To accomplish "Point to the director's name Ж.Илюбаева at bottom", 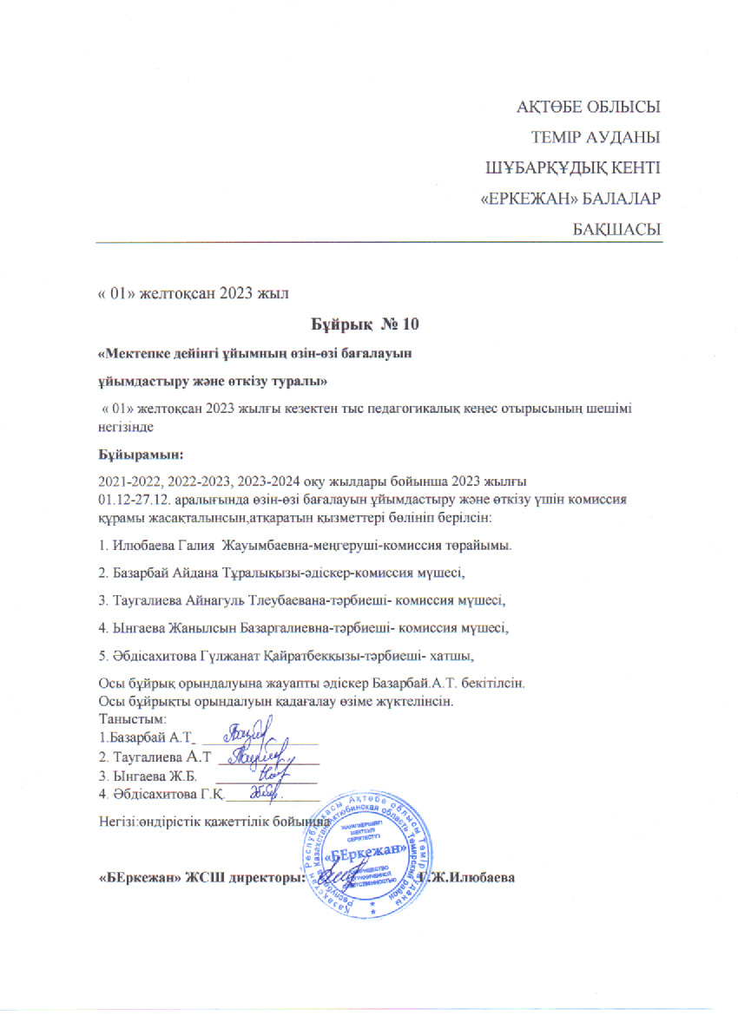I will (472, 877).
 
